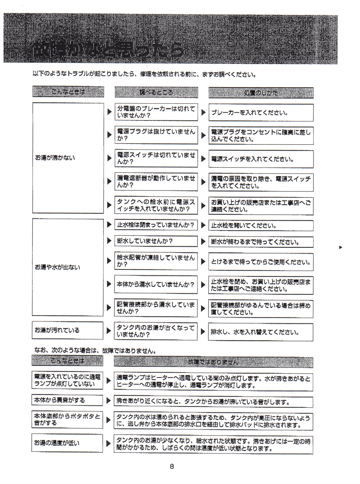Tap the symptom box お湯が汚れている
[68, 330]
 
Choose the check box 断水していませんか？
[156, 241]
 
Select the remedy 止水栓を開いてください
[261, 225]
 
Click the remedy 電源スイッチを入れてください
[261, 159]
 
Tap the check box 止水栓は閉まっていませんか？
[156, 225]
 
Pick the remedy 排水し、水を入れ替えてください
[261, 332]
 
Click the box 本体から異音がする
[68, 400]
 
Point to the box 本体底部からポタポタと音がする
[68, 420]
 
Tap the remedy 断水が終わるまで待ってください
[261, 242]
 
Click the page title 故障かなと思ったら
[108, 49]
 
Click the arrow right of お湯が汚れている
[110, 331]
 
